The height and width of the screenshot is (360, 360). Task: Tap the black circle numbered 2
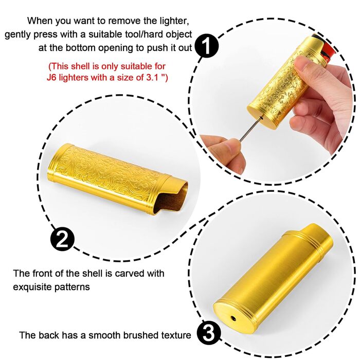pyautogui.click(x=62, y=240)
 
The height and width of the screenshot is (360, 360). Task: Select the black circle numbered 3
pyautogui.click(x=208, y=334)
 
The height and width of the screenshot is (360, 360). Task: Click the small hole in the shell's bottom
pyautogui.click(x=233, y=318)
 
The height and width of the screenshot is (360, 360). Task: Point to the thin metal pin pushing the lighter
pyautogui.click(x=251, y=129)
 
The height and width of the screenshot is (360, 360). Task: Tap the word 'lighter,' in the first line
pyautogui.click(x=174, y=21)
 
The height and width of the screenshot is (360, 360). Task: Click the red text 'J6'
pyautogui.click(x=51, y=77)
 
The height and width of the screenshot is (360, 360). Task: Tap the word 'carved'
pyautogui.click(x=128, y=274)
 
